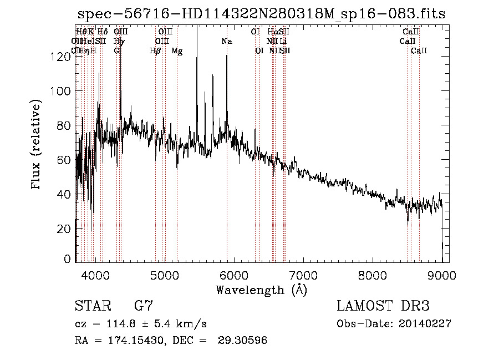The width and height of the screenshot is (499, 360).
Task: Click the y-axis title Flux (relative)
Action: (37, 145)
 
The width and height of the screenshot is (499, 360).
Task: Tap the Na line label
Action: (226, 42)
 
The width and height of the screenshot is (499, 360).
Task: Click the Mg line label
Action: (177, 51)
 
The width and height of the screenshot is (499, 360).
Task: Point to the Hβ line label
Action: (155, 51)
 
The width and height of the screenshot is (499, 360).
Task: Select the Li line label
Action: (283, 42)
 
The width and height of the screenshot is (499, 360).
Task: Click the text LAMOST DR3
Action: (383, 306)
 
